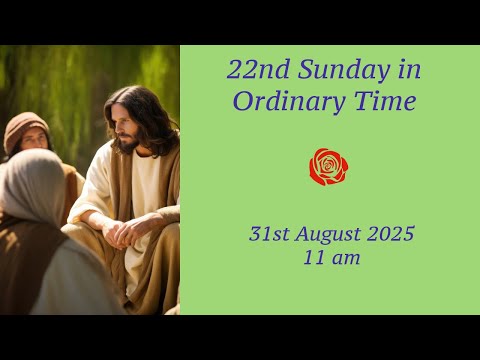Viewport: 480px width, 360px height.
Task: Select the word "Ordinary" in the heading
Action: coord(282,101)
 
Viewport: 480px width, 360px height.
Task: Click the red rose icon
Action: coord(328,167)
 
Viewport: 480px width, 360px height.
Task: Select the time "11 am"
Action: coord(331,258)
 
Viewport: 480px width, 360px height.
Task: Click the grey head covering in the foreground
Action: coord(30,190)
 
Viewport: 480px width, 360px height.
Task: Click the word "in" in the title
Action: coord(408,70)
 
